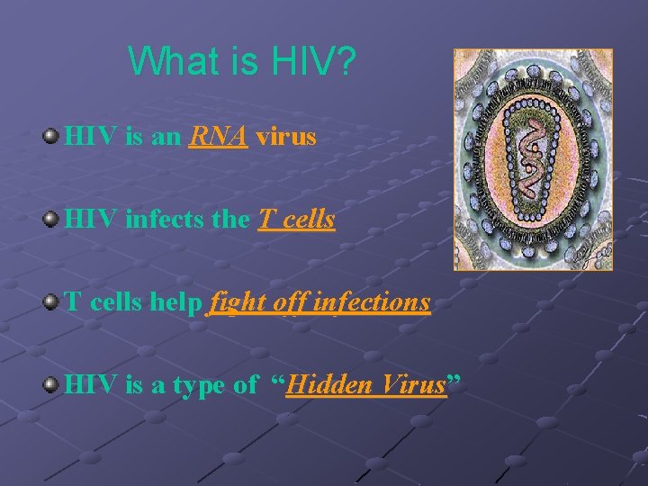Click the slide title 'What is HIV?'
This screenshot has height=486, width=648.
point(242,61)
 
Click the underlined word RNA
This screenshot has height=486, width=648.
point(219,137)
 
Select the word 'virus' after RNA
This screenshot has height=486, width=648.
point(285,137)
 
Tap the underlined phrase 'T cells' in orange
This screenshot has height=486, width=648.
point(296,220)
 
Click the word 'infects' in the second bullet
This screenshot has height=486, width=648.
point(156,220)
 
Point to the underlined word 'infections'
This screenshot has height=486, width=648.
point(376,302)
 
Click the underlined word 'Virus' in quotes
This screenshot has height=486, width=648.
point(413,385)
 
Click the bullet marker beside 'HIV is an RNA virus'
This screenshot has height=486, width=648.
point(51,137)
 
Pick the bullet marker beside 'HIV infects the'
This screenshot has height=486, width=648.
point(51,220)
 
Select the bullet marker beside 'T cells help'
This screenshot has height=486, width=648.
point(51,302)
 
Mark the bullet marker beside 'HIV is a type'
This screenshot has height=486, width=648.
point(51,385)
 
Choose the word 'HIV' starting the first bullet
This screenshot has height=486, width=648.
point(88,137)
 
